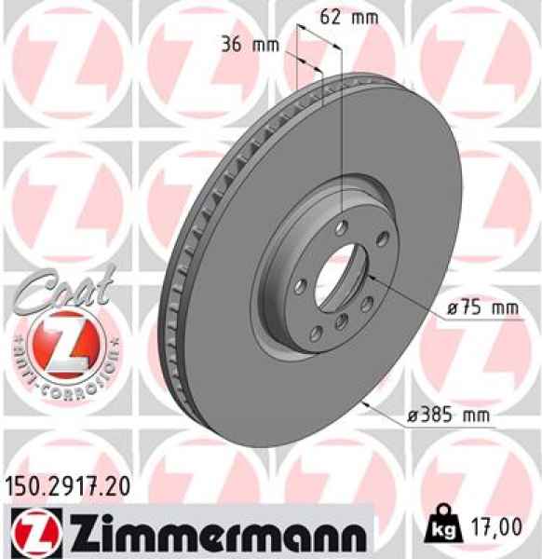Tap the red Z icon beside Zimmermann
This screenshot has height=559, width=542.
(29, 529)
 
